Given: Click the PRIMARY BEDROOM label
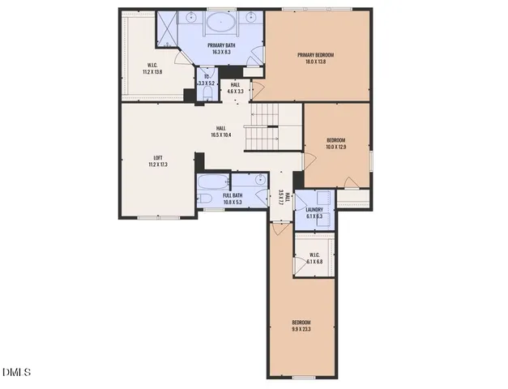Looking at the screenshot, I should coord(314,55).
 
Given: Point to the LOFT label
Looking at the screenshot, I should coord(152,157).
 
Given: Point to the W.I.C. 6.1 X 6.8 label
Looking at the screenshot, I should coord(314,259).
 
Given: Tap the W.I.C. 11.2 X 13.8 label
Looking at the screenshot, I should coord(152,68).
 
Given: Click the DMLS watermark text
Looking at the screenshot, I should coord(16,373).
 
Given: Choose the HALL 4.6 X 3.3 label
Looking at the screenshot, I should coord(235,88).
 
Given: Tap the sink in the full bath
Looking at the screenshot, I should coord(259,179).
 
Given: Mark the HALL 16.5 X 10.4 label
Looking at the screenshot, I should coord(221,131).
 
